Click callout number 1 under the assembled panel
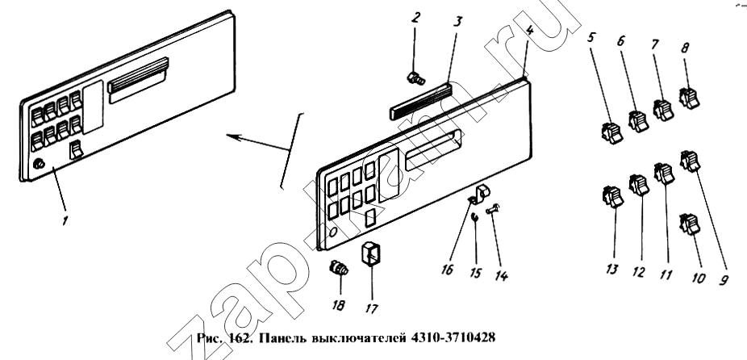point(65,220)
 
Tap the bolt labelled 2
point(415,77)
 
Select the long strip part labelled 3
point(420,101)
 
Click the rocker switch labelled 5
point(611,132)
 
